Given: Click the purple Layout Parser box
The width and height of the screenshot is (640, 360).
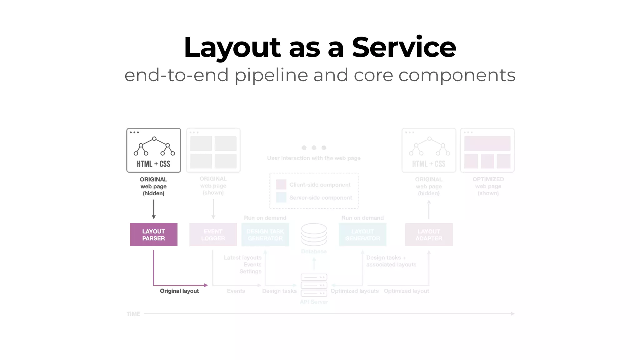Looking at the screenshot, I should click(153, 235).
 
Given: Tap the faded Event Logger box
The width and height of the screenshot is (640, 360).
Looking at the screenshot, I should click(213, 235).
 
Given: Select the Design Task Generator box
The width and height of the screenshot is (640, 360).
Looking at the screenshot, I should click(265, 235).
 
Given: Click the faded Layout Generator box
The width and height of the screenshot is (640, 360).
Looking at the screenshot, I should click(362, 235).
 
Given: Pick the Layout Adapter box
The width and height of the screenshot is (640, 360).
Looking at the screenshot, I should click(429, 235).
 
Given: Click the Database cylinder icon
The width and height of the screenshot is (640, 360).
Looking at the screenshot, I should click(314, 234).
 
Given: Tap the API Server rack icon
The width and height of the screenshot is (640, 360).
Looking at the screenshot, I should click(314, 285).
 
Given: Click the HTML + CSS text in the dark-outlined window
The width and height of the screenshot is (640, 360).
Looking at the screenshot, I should click(153, 164).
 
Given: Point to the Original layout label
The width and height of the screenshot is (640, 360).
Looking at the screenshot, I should click(179, 291).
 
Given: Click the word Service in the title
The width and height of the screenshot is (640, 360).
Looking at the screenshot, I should click(404, 47).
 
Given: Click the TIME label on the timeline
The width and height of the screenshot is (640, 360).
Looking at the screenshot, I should click(133, 314).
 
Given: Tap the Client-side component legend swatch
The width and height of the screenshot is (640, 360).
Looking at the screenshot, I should click(281, 184).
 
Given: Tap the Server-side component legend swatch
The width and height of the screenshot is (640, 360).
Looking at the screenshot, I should click(281, 197).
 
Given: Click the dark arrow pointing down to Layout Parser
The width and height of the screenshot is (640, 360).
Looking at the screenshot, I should click(153, 209).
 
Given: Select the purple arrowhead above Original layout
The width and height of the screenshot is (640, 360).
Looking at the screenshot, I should click(206, 285).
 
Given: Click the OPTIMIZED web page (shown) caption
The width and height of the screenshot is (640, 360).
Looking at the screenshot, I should click(488, 186).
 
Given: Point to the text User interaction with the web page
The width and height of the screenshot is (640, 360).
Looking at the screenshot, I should click(314, 158).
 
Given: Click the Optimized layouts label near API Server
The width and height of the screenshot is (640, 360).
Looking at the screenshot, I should click(354, 291).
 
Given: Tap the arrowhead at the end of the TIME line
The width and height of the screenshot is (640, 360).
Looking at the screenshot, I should click(513, 313).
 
